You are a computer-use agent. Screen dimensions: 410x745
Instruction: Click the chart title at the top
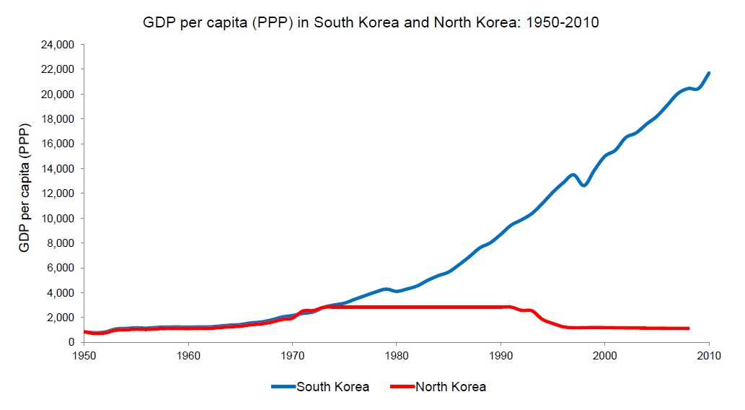372,23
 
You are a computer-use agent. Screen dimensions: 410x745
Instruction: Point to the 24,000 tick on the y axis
60,45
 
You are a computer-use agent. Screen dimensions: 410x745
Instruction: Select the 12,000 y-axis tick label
60,193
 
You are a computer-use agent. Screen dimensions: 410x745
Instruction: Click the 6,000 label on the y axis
63,268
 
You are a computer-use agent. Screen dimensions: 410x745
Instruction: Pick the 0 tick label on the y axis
73,342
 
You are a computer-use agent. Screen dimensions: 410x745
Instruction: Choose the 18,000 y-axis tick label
60,119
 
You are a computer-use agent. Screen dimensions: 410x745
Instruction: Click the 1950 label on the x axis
84,356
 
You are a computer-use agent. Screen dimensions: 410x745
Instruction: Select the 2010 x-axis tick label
709,356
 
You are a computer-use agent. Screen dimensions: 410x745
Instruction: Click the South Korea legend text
332,387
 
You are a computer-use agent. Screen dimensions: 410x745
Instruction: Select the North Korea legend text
451,387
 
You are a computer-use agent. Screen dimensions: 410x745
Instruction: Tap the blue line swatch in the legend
283,387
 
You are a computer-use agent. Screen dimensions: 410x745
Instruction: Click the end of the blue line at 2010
709,73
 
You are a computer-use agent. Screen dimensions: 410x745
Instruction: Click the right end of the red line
688,328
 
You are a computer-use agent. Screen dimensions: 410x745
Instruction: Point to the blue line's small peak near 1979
387,289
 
